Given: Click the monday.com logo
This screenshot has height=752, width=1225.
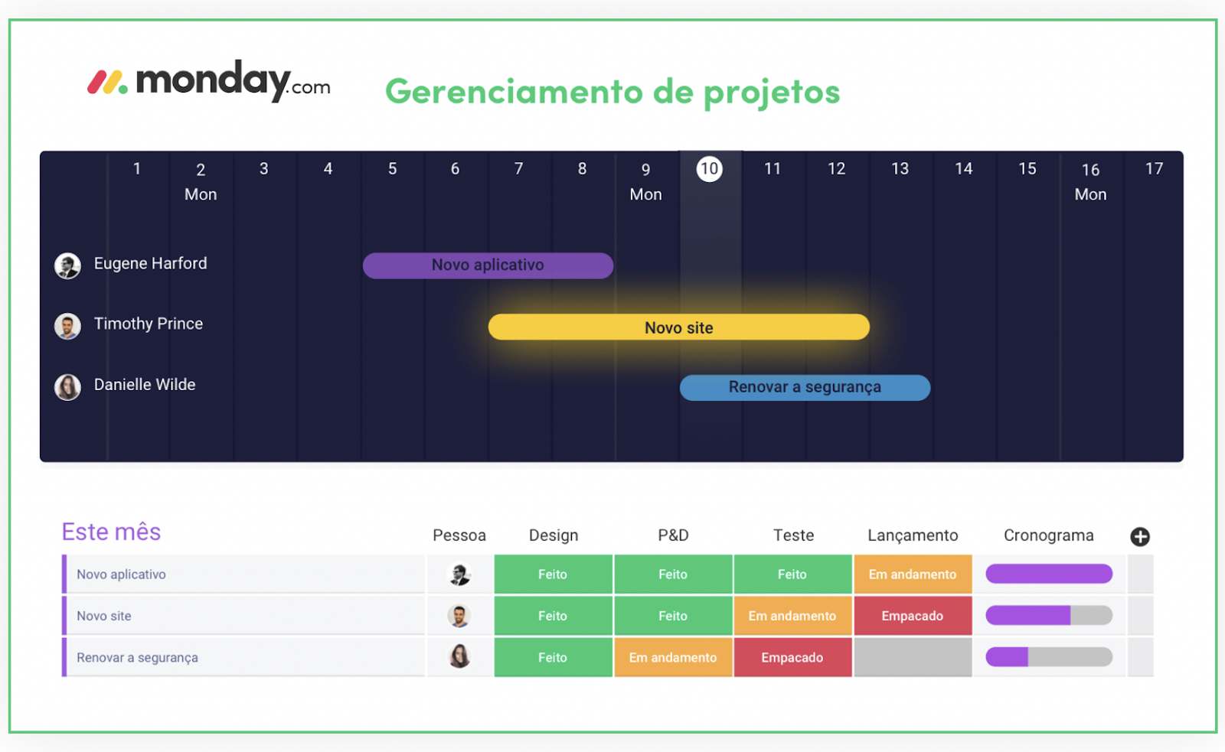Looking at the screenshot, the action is (208, 82).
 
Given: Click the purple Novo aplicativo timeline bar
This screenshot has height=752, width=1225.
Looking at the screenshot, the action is (488, 265).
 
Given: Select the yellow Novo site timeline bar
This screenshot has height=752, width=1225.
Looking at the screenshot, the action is (678, 327).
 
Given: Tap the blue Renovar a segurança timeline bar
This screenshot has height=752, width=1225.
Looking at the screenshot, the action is (805, 388).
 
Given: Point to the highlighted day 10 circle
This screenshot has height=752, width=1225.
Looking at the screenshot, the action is (709, 169).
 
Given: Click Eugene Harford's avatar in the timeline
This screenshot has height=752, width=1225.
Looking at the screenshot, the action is (68, 266).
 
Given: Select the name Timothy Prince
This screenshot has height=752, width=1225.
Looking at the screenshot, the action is (149, 324).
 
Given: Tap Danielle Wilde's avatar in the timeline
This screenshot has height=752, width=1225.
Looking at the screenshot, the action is (68, 388).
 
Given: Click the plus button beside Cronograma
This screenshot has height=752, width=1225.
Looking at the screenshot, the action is (1140, 537).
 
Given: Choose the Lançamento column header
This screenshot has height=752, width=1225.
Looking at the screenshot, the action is (913, 535).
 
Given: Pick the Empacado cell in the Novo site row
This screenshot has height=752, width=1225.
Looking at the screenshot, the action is (913, 616).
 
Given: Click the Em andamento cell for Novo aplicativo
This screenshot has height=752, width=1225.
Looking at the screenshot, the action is (913, 575).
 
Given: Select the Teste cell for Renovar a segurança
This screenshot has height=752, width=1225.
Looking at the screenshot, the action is (792, 657).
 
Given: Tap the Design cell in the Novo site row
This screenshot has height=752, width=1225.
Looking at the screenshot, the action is (553, 616).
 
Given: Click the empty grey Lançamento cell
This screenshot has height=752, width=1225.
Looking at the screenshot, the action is (913, 657).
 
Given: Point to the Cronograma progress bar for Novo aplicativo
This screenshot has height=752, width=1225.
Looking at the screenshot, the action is (1049, 574).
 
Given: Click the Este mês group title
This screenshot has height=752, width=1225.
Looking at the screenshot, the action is (111, 532).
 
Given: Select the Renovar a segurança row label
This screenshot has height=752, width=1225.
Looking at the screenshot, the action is (137, 657).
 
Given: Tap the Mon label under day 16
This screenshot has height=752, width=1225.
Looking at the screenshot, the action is (1090, 194).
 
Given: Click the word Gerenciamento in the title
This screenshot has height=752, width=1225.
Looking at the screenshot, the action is (514, 92).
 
